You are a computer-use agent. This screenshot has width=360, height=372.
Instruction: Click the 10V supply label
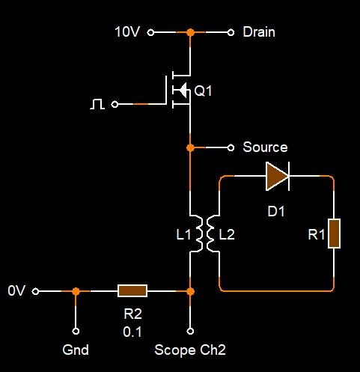pyautogui.click(x=127, y=32)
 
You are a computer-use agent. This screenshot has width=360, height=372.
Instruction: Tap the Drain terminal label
pyautogui.click(x=259, y=32)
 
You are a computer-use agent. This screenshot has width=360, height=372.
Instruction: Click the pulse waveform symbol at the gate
pyautogui.click(x=97, y=104)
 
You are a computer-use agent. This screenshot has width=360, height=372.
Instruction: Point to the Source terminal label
pyautogui.click(x=265, y=147)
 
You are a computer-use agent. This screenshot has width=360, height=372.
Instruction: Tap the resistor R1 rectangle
pyautogui.click(x=334, y=234)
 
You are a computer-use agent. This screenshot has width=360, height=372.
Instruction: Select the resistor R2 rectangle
pyautogui.click(x=132, y=291)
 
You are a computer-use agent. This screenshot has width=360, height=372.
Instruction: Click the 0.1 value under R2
pyautogui.click(x=132, y=332)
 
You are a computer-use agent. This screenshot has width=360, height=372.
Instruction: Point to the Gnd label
pyautogui.click(x=76, y=350)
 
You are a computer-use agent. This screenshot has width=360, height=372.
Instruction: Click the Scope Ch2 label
pyautogui.click(x=190, y=350)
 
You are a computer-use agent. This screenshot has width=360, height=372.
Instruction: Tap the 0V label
pyautogui.click(x=16, y=290)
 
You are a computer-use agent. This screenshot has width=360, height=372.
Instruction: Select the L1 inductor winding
pyautogui.click(x=199, y=234)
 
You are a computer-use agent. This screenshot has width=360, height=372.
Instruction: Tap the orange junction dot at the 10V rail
pyautogui.click(x=190, y=32)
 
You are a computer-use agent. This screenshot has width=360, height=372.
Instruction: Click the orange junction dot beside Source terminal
pyautogui.click(x=190, y=147)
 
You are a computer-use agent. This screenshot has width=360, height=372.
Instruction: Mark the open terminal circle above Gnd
pyautogui.click(x=76, y=331)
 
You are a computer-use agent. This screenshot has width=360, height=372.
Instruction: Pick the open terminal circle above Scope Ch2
pyautogui.click(x=190, y=331)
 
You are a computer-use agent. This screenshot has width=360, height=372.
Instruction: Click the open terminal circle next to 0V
pyautogui.click(x=36, y=291)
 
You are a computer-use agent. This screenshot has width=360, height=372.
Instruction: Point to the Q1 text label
pyautogui.click(x=203, y=91)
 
